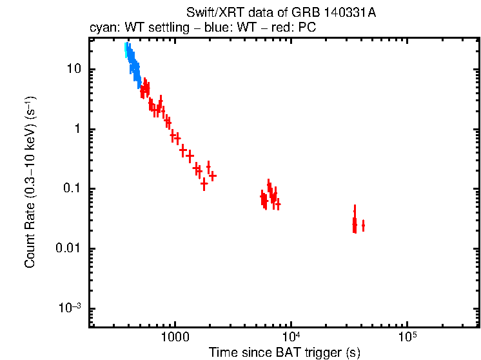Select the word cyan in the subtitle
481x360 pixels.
click(103, 28)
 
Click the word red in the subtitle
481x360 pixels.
click(279, 28)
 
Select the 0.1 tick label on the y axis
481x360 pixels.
click(71, 189)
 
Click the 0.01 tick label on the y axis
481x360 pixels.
click(68, 249)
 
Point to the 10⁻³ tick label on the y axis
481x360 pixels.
click(70, 308)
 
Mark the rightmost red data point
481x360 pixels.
click(363, 225)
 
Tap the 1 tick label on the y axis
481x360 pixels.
click(78, 129)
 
